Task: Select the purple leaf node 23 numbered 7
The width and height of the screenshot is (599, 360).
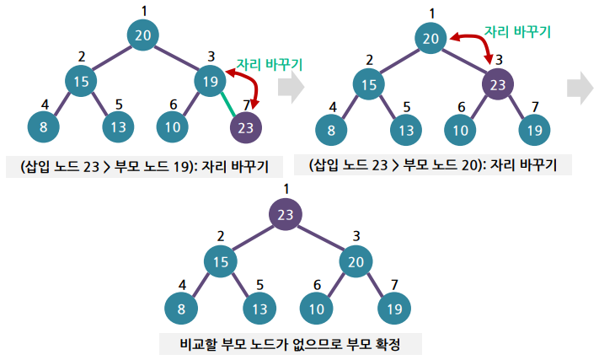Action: click(x=245, y=128)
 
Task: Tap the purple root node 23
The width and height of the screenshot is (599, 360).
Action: click(x=286, y=214)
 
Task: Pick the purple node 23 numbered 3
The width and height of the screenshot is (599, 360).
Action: click(x=498, y=84)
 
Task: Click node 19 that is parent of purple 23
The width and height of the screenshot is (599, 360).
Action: click(x=209, y=81)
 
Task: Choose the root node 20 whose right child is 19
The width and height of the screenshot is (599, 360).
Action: click(x=143, y=35)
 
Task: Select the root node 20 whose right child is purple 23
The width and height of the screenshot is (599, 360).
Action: click(x=431, y=38)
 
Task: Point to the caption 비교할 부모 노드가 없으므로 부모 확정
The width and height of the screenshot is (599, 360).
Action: click(x=290, y=345)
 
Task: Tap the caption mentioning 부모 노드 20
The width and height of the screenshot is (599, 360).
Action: click(x=433, y=164)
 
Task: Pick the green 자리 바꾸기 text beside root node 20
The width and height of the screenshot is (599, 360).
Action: click(x=517, y=31)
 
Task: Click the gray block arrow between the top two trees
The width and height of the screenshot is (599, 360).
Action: click(x=290, y=88)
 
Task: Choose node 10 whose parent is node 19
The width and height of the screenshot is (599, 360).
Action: click(x=173, y=128)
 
